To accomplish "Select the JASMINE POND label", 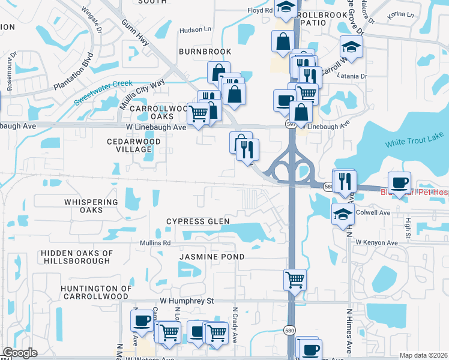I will tap(212, 257).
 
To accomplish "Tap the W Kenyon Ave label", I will tap(376, 242).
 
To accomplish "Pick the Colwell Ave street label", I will tap(373, 212).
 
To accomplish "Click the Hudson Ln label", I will tap(196, 28).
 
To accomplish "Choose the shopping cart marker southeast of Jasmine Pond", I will tap(295, 279).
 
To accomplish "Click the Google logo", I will tap(20, 353).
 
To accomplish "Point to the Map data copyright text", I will tap(423, 355).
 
